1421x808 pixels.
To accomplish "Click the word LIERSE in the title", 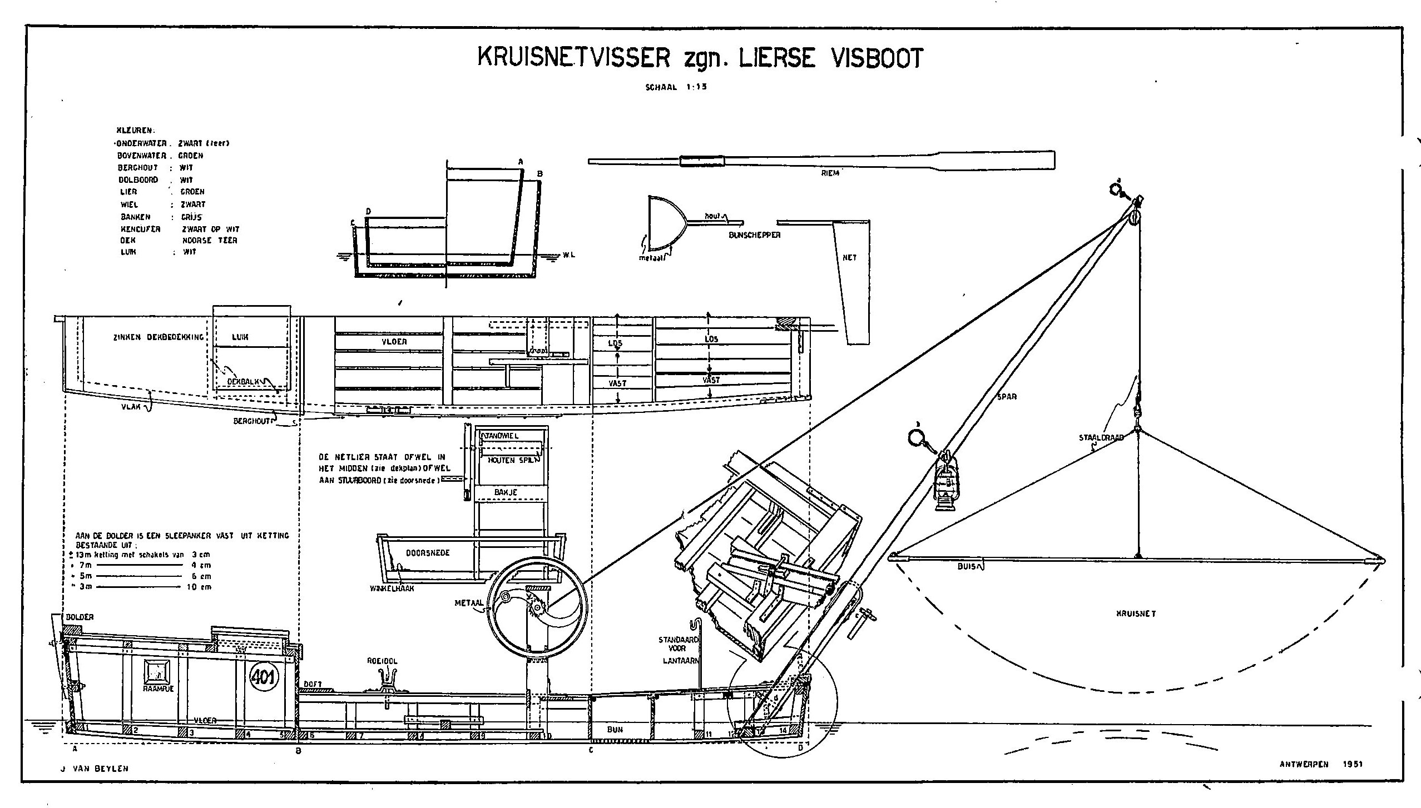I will coord(776,58).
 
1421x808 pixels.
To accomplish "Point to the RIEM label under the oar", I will coord(830,173).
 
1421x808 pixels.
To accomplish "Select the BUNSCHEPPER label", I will coord(754,235).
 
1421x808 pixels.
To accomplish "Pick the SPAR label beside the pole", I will coord(1007,397).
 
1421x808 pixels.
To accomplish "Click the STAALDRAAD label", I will coord(1101,437).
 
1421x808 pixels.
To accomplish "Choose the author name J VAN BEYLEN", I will coord(94,769).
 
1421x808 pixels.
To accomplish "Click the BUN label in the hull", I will coord(615,730).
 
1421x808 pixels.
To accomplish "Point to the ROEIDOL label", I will coord(382,662).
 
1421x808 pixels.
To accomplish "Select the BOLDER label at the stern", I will coord(80,617).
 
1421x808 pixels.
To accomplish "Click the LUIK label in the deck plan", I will coord(240,337).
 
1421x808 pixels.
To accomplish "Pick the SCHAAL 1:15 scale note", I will coord(675,87).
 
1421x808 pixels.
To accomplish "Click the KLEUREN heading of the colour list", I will coord(132,131).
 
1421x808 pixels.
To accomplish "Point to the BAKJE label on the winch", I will coord(506,492).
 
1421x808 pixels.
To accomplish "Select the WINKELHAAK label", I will coord(392,588).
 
